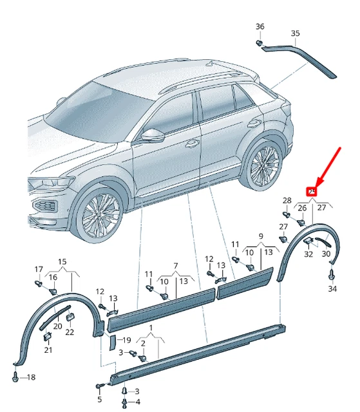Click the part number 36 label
[260, 26]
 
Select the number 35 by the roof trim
[295, 33]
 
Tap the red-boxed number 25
[312, 191]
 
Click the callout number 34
[333, 289]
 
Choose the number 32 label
[309, 254]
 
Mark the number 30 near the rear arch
[325, 254]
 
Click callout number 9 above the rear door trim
[261, 237]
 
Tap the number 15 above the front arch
[62, 261]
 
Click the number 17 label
[39, 269]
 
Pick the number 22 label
[70, 332]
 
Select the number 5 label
[100, 400]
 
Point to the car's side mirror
[153, 135]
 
